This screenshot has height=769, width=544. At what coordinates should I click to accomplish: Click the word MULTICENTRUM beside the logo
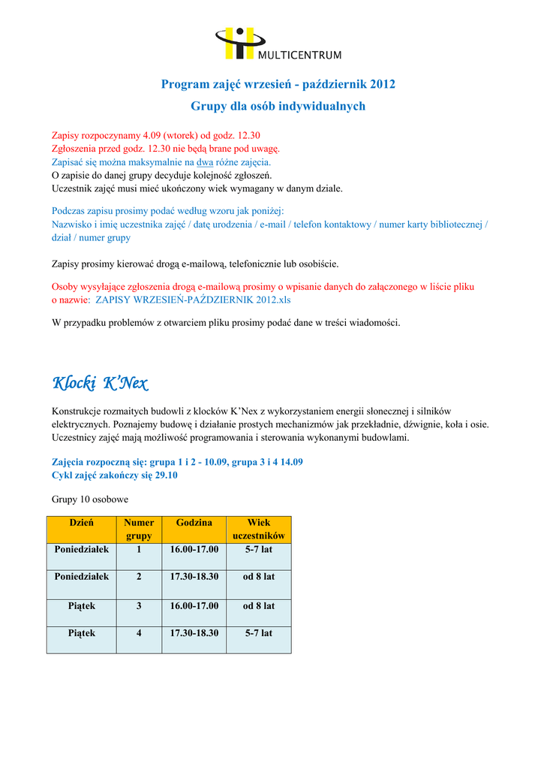coord(299,55)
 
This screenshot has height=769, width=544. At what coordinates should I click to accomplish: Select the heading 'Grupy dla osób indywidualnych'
coord(278,106)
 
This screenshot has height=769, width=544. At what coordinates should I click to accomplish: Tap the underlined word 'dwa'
coord(205,161)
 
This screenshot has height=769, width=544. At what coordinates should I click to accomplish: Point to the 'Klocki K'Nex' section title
coord(100,384)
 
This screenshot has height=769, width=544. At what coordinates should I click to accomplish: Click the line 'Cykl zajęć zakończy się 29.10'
coord(115,475)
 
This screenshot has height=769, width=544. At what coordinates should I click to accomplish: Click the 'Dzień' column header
coord(81,523)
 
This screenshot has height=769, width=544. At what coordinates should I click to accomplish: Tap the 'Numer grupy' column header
coord(139,529)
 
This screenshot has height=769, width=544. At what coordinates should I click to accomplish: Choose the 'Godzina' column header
coord(194,523)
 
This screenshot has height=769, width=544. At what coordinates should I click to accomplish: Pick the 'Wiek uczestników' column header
coord(259,529)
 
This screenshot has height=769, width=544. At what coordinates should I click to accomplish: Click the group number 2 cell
coord(139,577)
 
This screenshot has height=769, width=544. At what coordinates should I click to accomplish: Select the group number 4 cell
coord(139,633)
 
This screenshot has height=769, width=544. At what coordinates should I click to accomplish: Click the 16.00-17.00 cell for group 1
coord(194,550)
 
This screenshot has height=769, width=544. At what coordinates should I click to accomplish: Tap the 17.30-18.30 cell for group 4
coord(194,633)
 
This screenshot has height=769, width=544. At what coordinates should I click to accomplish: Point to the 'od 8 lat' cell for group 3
coord(259,605)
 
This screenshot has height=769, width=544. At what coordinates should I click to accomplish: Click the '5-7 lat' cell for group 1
coord(259,550)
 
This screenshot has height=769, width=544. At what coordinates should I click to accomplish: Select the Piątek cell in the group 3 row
coord(81,605)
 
